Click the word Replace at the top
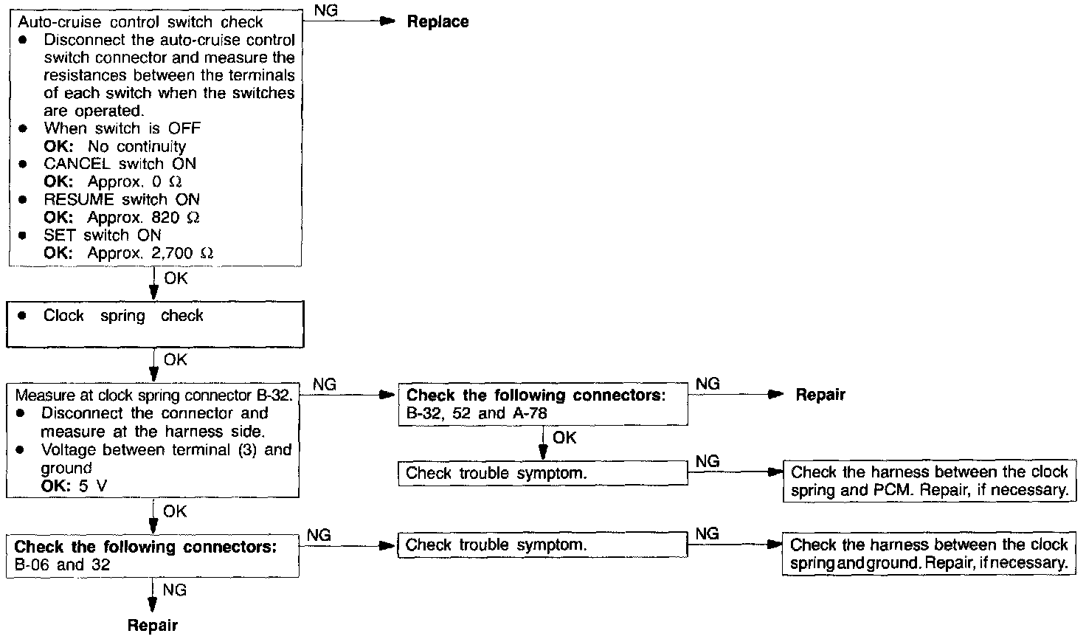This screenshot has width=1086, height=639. click(437, 22)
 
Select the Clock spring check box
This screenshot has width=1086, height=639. click(155, 324)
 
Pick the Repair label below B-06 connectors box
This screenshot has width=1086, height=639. click(153, 626)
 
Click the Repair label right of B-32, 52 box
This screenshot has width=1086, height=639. click(820, 395)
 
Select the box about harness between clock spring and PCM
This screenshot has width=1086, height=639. click(928, 481)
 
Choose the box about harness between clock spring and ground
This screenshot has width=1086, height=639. click(928, 554)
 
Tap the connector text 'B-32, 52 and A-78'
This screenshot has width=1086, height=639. click(477, 413)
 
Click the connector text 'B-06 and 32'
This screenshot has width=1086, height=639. click(63, 566)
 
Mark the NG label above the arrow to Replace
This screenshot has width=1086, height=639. click(325, 10)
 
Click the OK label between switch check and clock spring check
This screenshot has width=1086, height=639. click(176, 279)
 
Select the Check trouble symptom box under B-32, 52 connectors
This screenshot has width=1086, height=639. click(542, 473)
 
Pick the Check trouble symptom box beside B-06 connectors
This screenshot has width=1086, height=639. click(542, 545)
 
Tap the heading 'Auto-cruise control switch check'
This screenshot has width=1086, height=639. click(140, 22)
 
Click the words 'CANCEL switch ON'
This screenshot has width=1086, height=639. click(120, 164)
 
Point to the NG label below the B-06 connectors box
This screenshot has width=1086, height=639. click(175, 590)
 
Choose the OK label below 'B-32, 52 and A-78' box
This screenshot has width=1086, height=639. click(564, 438)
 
